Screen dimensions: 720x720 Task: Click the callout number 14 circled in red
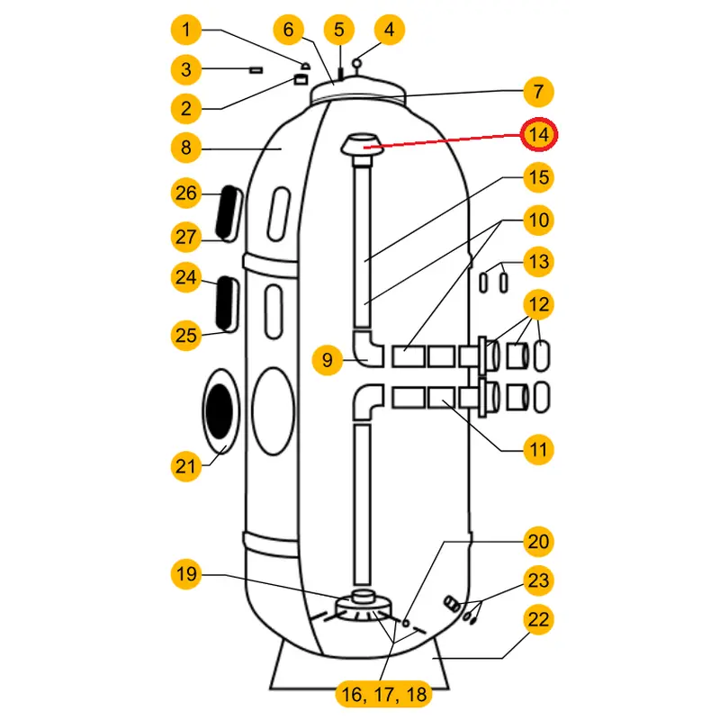point(538,135)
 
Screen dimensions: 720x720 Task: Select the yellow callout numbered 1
point(186,31)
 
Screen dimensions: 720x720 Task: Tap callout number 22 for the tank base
point(538,619)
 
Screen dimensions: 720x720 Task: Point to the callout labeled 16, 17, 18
point(383,694)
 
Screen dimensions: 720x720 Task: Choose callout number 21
point(186,465)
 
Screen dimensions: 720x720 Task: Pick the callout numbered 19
point(186,574)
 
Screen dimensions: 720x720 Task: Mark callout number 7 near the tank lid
point(538,92)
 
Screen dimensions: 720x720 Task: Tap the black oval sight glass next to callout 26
point(229,214)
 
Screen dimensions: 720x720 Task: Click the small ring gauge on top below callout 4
point(358,63)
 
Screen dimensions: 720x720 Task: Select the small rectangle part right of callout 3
point(256,68)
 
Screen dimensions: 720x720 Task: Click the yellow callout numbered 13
point(538,262)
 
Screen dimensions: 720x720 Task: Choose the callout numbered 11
point(538,447)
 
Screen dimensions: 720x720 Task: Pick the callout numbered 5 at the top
point(339,31)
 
